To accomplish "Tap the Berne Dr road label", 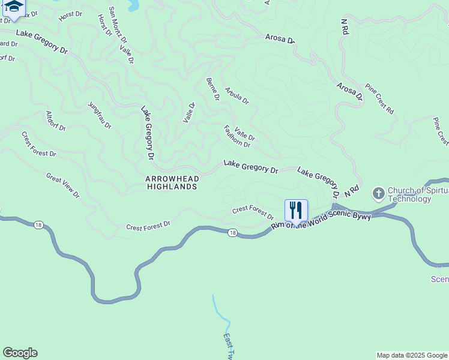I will click(212, 89).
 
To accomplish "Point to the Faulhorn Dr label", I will click(237, 137).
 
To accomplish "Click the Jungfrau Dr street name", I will click(100, 115).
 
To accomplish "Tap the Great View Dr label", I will click(63, 185).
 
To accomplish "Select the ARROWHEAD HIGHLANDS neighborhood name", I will click(172, 183).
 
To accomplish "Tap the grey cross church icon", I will click(378, 193).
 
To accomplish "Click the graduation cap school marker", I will click(13, 7).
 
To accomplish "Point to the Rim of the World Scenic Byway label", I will click(321, 220).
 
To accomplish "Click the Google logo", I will click(20, 353).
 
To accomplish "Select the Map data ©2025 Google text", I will click(411, 355).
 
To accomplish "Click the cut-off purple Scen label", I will click(439, 279).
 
